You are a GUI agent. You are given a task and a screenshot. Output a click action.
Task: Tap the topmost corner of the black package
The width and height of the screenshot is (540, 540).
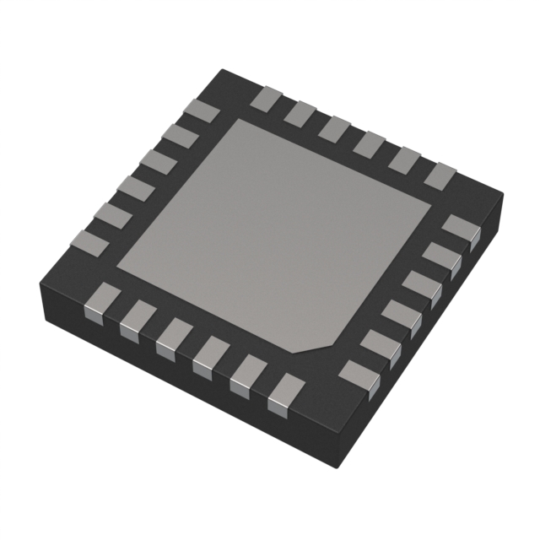click(221, 71)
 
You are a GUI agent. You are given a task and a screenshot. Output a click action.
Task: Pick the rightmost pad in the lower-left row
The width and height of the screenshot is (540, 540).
click(285, 392)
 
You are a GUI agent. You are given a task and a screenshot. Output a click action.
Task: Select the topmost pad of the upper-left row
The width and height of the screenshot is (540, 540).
click(202, 110)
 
